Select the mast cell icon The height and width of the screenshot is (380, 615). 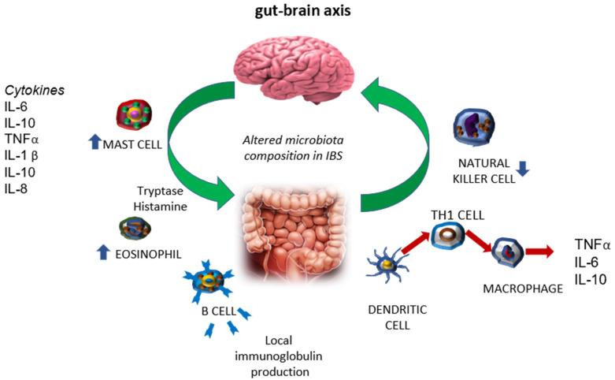click(132, 116)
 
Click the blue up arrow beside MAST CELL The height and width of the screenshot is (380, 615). click(94, 143)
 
